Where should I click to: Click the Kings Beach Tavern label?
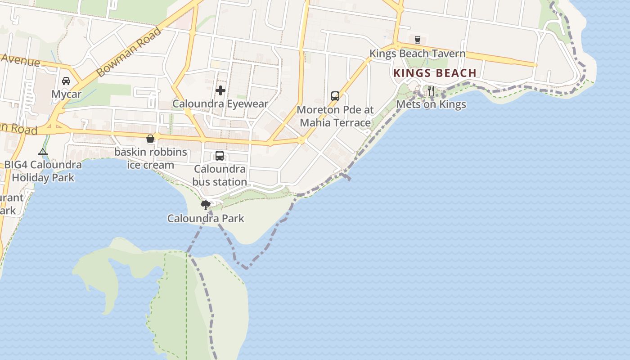[417, 54]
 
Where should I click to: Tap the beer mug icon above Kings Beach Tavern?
[417, 39]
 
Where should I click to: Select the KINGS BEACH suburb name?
[435, 73]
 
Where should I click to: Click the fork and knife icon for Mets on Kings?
[431, 90]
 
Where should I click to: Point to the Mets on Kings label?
[431, 105]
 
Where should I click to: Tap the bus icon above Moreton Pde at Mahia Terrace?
[335, 96]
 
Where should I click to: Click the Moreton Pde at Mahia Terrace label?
[335, 116]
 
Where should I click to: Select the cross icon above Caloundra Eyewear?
[220, 90]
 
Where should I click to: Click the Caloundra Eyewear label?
[220, 104]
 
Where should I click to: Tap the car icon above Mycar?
[66, 81]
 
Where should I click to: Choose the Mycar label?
[66, 94]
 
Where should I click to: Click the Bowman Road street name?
[129, 52]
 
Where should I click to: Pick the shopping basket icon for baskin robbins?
[150, 139]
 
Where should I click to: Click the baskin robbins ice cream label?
[150, 158]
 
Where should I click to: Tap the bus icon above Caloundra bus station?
[220, 156]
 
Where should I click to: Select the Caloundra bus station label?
[220, 175]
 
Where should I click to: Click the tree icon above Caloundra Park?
[206, 205]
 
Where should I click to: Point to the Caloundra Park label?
[206, 219]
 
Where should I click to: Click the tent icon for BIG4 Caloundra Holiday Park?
[43, 152]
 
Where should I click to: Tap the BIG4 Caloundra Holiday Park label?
[43, 171]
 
